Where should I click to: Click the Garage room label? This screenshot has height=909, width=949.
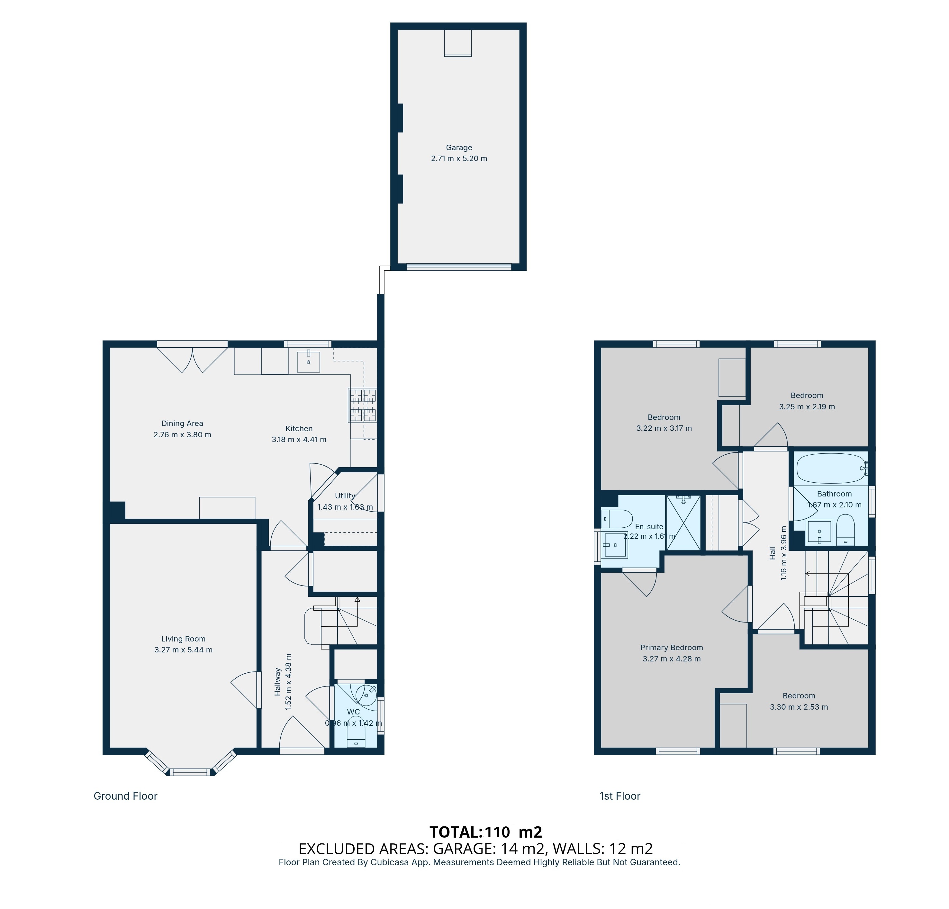pos(458,148)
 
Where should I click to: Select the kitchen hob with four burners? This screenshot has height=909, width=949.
pos(363,405)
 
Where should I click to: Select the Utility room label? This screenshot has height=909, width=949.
pos(345,496)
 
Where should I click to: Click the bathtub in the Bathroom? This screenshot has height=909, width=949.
pos(831,468)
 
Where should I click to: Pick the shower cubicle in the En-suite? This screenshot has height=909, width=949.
pos(683,523)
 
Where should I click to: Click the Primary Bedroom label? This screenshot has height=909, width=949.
pos(671,648)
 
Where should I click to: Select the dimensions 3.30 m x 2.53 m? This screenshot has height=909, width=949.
pos(799,707)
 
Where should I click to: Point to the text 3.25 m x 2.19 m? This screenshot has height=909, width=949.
pos(807,407)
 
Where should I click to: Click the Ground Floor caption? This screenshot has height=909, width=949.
pos(125,796)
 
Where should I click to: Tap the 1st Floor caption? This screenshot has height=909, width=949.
pos(620,796)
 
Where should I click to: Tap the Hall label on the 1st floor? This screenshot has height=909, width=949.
pos(772,553)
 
